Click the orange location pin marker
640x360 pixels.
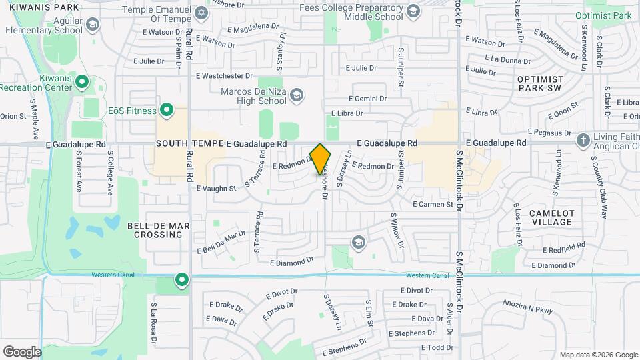[x=321, y=159]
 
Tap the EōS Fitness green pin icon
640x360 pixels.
[x=167, y=111]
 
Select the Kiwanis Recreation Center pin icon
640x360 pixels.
[x=82, y=82]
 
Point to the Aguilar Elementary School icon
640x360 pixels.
[x=92, y=25]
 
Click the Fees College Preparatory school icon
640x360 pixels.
[x=413, y=11]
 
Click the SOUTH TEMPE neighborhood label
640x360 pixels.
[x=189, y=143]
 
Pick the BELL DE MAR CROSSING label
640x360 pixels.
[x=158, y=231]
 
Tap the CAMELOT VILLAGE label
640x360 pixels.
[x=551, y=217]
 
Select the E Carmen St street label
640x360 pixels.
[x=433, y=204]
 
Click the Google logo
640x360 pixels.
[x=22, y=351]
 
